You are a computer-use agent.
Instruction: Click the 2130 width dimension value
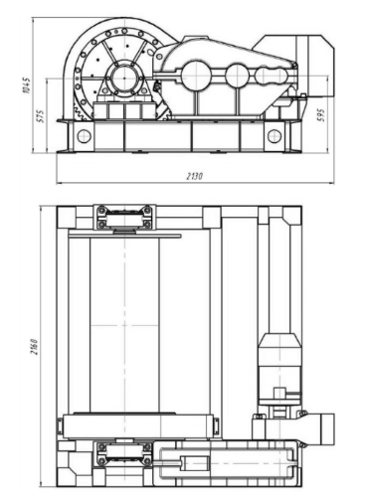[194, 176]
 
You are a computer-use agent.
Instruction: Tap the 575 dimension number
[41, 116]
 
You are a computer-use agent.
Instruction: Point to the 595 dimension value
[321, 114]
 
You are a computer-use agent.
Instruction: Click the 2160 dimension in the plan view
[34, 347]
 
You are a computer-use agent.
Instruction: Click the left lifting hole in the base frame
[84, 135]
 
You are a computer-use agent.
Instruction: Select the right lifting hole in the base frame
[275, 136]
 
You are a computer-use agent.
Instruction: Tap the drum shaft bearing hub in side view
[124, 79]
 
